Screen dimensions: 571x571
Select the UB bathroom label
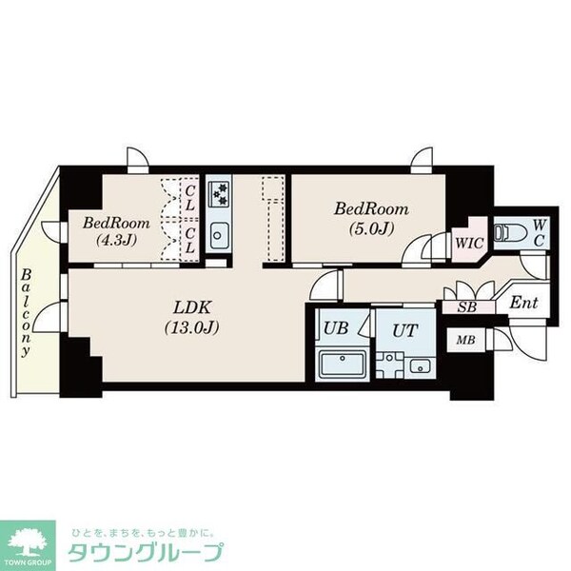coord(335,328)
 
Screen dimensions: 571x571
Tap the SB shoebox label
coord(465,306)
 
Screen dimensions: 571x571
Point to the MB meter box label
coord(465,340)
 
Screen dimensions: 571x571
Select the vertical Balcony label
coord(25,310)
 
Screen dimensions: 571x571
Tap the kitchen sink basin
coord(217,234)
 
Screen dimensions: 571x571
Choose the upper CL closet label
coord(190,200)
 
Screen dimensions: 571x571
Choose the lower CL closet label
coord(190,238)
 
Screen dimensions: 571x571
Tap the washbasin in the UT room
coord(419,364)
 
